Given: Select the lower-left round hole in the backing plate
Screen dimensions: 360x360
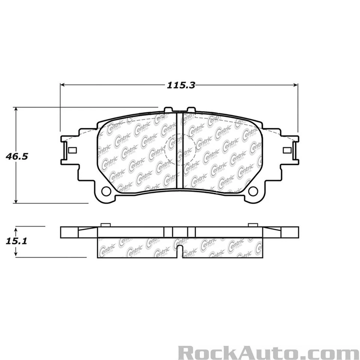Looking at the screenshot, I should click(x=106, y=191).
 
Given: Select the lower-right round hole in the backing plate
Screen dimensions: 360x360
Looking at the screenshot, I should click(x=253, y=191).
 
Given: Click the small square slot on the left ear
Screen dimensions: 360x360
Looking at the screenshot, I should click(x=72, y=150).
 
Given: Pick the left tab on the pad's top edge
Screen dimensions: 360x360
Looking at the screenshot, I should click(x=168, y=109).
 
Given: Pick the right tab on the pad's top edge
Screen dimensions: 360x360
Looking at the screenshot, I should click(x=190, y=109).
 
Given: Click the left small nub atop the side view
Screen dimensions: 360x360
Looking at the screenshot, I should click(x=105, y=225).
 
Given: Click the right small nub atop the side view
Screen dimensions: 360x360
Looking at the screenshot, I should click(x=251, y=225).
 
